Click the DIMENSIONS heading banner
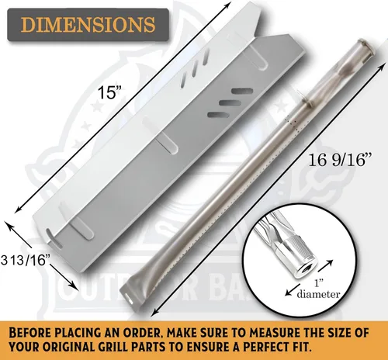pyautogui.click(x=88, y=25)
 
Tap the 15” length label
pyautogui.click(x=109, y=93)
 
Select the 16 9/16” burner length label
pyautogui.click(x=337, y=160)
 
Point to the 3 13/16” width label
pyautogui.click(x=25, y=260)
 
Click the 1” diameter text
pyautogui.click(x=318, y=289)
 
